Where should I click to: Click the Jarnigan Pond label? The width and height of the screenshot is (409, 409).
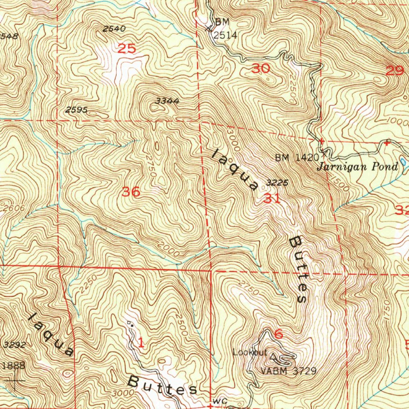357,167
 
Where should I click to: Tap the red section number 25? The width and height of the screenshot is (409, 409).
127,49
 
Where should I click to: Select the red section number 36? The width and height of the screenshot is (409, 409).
131,192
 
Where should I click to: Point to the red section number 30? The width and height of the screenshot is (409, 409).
261,69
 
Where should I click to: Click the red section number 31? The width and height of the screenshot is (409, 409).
272,198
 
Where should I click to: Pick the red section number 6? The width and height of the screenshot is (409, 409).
278,334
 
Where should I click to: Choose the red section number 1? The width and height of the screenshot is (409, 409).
141,342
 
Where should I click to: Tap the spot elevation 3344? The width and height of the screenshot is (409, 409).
167,101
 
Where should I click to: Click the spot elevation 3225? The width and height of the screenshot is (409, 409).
277,183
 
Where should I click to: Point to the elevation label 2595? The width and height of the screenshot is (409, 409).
77,110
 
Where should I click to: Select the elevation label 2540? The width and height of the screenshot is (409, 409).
114,29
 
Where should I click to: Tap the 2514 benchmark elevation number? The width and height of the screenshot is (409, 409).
225,35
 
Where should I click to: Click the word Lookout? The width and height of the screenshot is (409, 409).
250,352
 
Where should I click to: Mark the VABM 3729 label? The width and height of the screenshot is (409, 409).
288,371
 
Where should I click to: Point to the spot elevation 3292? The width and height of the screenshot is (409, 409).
14,345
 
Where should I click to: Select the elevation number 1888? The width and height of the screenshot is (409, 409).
13,365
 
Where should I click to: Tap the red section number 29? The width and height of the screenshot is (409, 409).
395,71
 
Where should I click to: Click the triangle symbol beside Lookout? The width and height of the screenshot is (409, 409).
273,355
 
